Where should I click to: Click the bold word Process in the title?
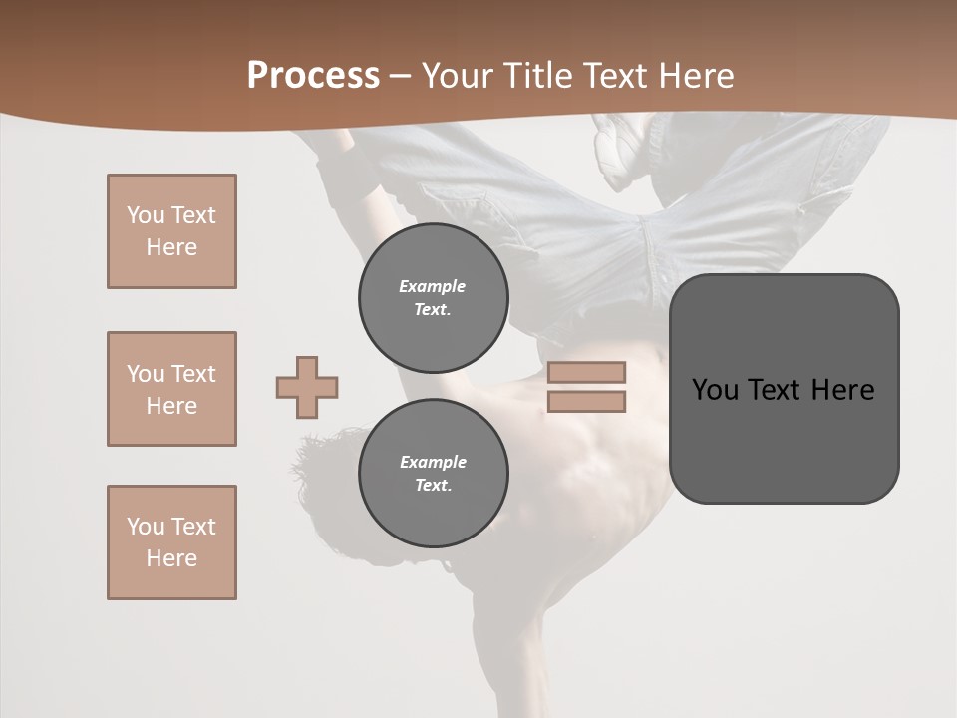(313, 76)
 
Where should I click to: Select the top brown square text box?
(171, 231)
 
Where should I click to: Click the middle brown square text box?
(171, 389)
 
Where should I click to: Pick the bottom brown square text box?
(171, 542)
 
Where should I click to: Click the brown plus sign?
(307, 387)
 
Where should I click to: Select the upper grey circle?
(434, 298)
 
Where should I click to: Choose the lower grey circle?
(434, 474)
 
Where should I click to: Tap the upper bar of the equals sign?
(586, 372)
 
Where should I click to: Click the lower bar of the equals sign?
(586, 402)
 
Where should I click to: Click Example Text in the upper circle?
(433, 298)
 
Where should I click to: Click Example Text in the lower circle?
(433, 474)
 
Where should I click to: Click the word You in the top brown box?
(145, 215)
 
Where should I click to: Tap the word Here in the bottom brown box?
(171, 558)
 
